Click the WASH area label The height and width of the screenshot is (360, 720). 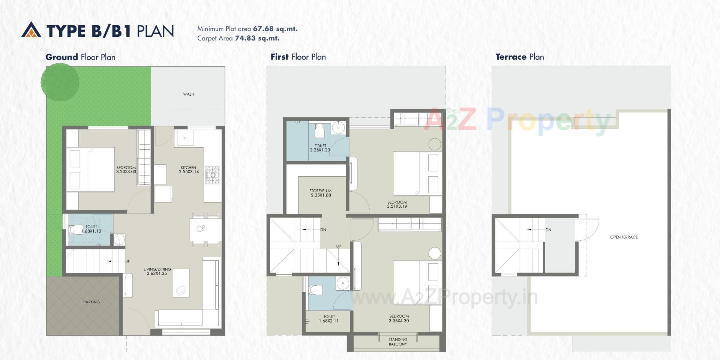189,94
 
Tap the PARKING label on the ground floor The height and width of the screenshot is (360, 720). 91,302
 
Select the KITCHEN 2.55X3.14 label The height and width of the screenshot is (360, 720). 189,170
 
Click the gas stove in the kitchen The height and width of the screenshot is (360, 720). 212,175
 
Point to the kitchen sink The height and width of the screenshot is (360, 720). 185,138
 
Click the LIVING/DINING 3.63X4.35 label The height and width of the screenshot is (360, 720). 157,271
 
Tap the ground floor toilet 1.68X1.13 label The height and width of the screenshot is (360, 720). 91,229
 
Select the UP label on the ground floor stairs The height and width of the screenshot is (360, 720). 127,261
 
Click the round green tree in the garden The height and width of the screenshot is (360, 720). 60,82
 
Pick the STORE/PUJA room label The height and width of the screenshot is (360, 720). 321,193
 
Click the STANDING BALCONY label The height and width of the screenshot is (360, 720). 398,342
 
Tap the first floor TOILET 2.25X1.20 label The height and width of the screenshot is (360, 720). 320,148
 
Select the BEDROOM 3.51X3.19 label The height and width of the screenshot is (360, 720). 397,204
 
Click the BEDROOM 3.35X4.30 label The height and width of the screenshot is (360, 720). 399,318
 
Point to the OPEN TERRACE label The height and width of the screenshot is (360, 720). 624,237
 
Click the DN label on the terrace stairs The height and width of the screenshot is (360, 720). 548,230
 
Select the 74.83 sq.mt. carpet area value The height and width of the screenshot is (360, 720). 257,38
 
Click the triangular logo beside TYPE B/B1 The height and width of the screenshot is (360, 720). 31,30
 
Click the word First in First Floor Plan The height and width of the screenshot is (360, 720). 279,57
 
